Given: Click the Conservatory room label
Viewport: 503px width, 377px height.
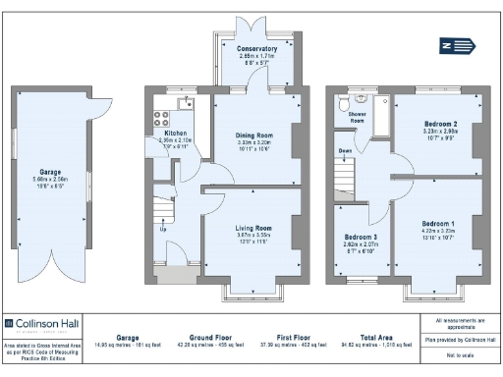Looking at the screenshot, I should tap(257, 48).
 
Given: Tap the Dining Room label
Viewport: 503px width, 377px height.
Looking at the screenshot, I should tap(253, 135).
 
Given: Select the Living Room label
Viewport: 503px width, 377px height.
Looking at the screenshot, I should tap(252, 228).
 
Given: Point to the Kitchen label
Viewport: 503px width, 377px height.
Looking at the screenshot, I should tap(175, 133).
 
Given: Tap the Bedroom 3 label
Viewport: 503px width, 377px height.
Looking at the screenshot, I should tap(360, 238).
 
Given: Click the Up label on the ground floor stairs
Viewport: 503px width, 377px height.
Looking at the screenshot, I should tap(163, 232).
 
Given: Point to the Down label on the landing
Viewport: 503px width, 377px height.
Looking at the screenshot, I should tap(345, 150).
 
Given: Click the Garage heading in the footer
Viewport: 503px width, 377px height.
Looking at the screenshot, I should tap(127, 336).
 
